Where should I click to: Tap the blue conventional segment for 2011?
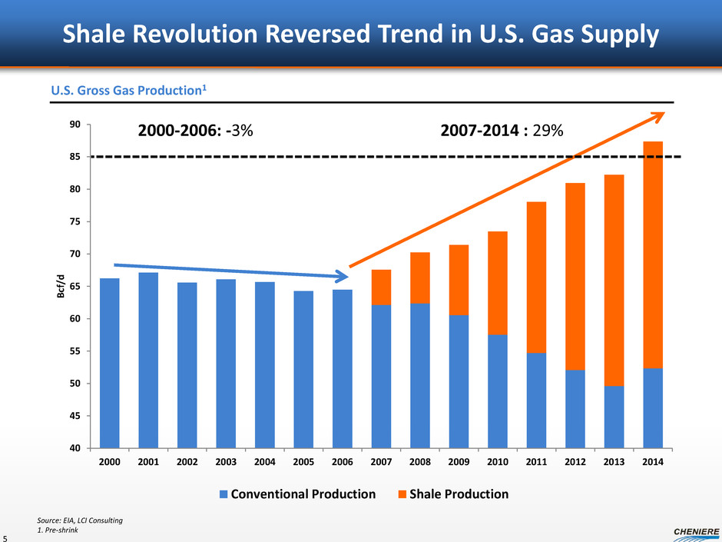[x=536, y=401]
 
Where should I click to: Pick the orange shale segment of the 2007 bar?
[x=381, y=288]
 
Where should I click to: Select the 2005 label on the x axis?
[x=303, y=464]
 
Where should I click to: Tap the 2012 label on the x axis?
[x=575, y=464]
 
